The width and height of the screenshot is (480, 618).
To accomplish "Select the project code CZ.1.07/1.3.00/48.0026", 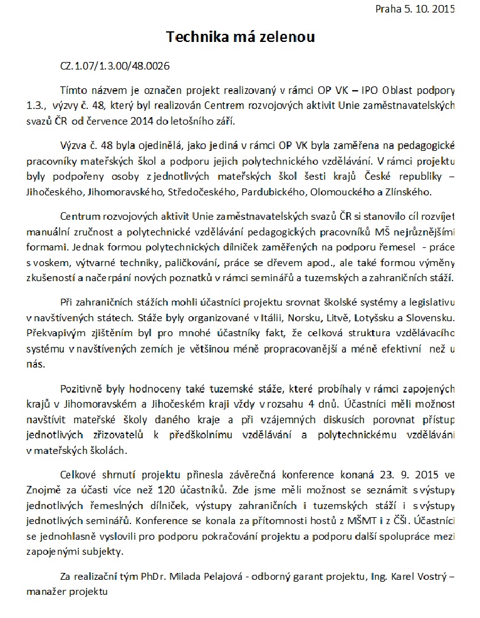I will (115, 65).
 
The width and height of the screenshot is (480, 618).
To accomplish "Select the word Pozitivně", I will (85, 389).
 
